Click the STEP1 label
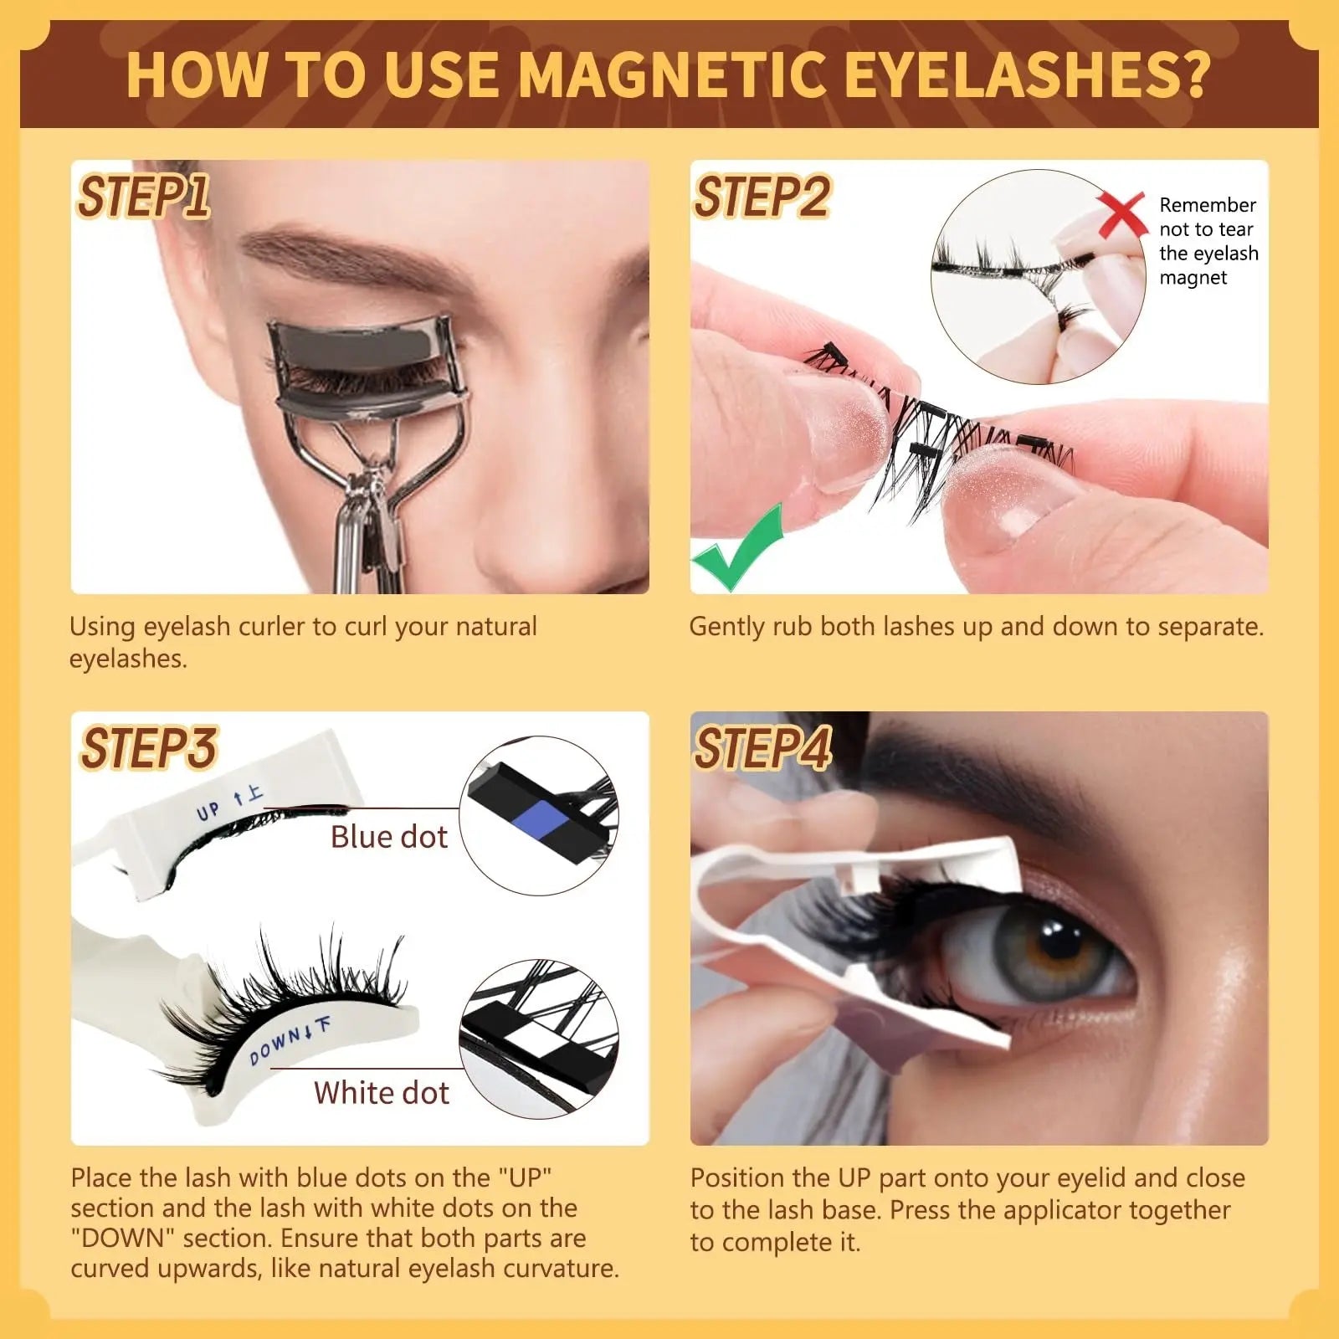(x=142, y=198)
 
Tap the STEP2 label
(x=761, y=198)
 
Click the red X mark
(x=1121, y=214)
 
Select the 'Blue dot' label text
(x=388, y=837)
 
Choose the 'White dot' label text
(x=381, y=1093)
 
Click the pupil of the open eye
(x=1061, y=944)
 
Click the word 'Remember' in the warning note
(x=1207, y=206)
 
